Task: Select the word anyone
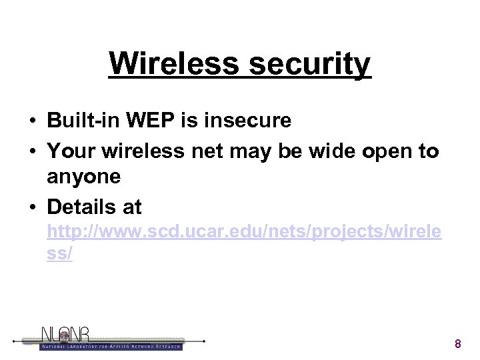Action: (84, 177)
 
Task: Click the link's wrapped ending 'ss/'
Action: (60, 255)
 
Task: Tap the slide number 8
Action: (457, 344)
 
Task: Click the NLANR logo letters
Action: (65, 335)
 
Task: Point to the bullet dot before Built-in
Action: (32, 121)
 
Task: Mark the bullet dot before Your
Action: (32, 152)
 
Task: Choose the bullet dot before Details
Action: (32, 208)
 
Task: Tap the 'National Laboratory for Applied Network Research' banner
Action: (111, 346)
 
